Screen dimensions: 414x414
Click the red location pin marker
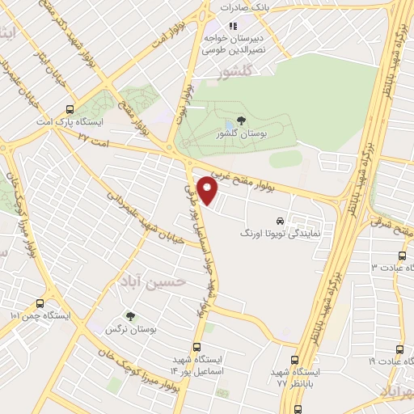tap(208, 191)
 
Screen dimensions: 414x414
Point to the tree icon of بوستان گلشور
tap(242, 121)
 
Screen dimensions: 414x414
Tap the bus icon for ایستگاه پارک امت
tap(70, 108)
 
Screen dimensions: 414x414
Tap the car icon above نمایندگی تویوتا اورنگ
tap(280, 220)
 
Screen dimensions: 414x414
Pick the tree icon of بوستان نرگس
tap(129, 316)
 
